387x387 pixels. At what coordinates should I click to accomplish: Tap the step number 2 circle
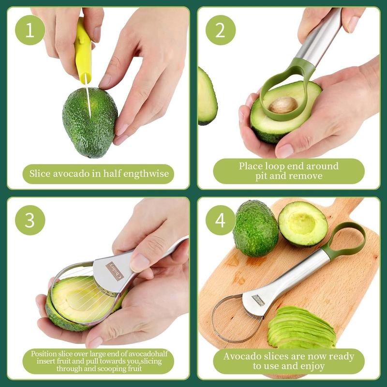coord(221,30)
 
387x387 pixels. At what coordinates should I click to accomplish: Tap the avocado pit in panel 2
coord(283,104)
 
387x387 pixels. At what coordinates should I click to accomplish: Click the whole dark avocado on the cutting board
coord(255,228)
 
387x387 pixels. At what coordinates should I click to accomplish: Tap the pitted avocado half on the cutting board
coord(303,223)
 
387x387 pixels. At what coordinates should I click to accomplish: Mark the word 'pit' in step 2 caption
coord(264,176)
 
